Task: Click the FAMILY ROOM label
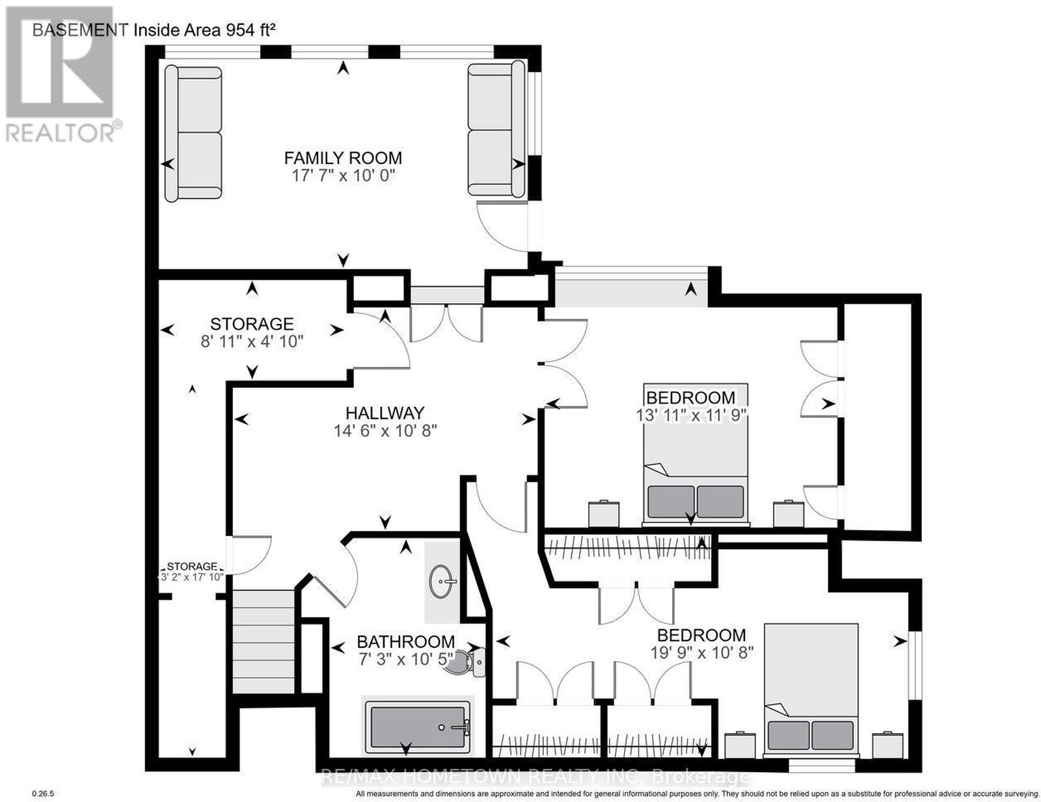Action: pos(342,157)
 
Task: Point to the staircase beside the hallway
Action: pos(263,641)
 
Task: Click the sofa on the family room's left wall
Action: pos(193,133)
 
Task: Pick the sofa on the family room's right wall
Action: pos(496,129)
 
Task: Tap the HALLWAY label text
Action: pos(385,413)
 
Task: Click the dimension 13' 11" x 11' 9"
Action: pos(691,415)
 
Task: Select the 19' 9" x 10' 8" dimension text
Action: pos(702,652)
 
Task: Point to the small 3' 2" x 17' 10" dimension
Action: pos(192,577)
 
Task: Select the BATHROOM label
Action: pos(406,641)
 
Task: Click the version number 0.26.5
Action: pos(40,794)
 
